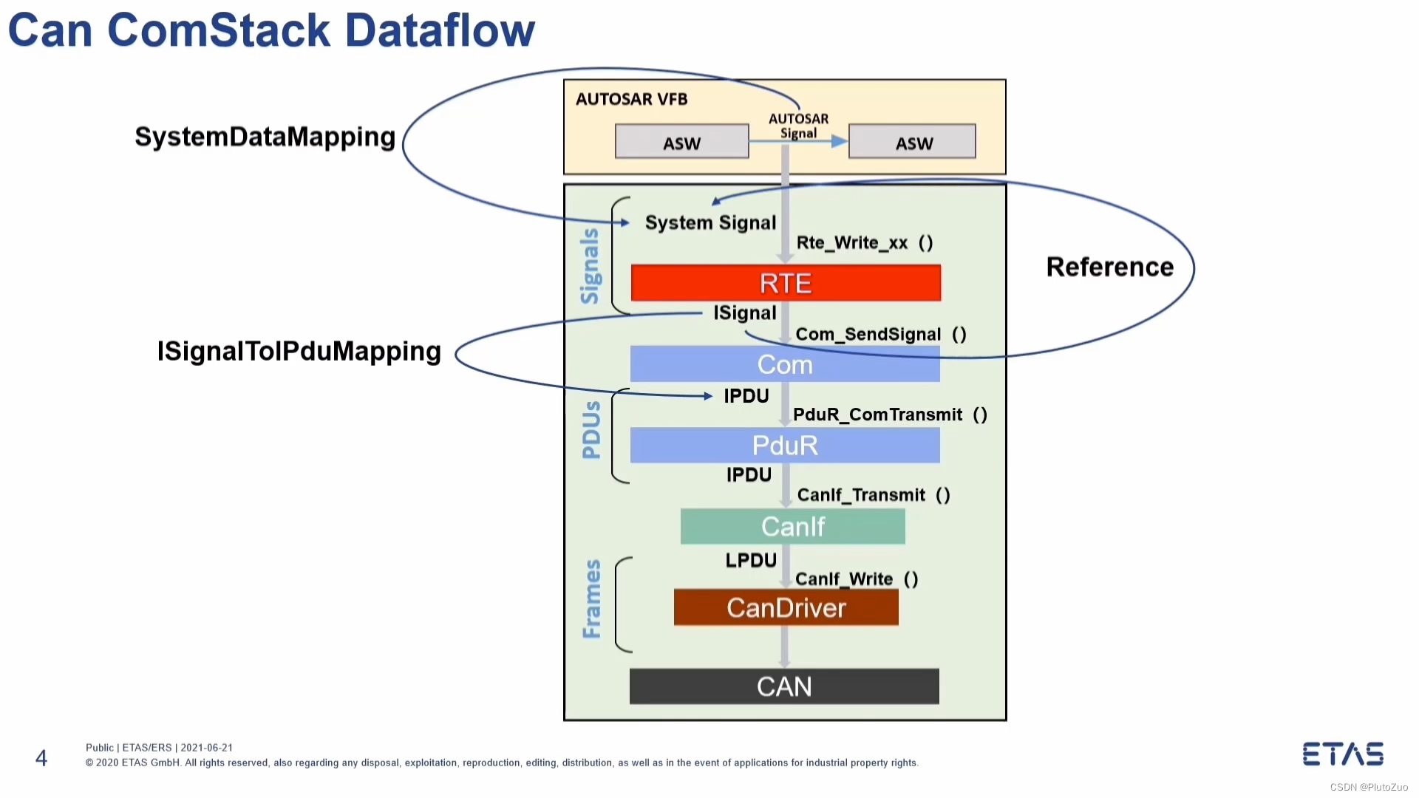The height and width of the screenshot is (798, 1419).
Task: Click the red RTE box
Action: pos(786,283)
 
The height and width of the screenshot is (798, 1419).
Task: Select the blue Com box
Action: pos(785,364)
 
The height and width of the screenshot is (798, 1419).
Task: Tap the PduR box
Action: pos(785,445)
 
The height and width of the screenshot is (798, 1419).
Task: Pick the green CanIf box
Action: pos(793,526)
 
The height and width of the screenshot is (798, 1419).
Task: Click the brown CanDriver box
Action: pos(786,607)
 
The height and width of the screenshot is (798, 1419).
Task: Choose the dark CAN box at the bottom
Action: pos(784,686)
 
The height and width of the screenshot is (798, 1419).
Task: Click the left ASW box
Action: pos(682,141)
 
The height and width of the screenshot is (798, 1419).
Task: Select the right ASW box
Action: pos(912,141)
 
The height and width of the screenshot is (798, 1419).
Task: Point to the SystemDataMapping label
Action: pos(265,137)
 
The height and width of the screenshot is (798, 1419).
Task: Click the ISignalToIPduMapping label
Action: pos(299,352)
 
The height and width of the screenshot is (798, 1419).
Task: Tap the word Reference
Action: pos(1110,267)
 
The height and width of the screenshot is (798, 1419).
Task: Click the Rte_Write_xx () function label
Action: pos(865,243)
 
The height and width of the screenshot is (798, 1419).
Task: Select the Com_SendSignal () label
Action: pos(881,335)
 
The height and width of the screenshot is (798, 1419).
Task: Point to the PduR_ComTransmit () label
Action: pos(890,415)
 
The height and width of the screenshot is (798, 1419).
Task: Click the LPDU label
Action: pos(751,561)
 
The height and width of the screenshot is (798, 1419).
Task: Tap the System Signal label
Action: pos(710,222)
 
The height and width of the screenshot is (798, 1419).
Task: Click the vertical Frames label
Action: pos(592,598)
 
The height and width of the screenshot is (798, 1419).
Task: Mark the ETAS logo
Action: pos(1343,754)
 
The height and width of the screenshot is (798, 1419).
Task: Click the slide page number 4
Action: pos(41,758)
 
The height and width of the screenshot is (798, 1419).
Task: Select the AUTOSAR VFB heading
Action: pos(632,99)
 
